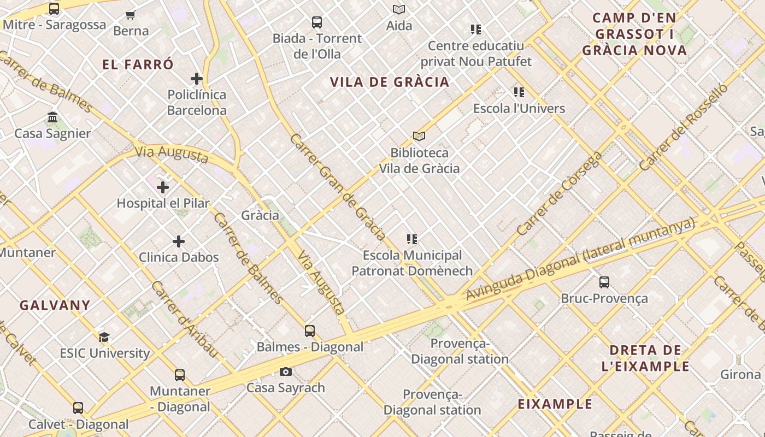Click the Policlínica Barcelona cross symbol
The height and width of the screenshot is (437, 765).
(197, 79)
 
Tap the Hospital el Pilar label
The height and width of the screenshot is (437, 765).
(163, 203)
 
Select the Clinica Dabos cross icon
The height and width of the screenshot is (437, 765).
(179, 241)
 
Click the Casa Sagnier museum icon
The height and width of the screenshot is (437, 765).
(52, 117)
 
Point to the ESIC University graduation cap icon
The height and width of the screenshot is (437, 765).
(104, 338)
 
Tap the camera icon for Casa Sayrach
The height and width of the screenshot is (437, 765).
(285, 372)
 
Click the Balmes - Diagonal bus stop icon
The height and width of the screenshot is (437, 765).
(310, 331)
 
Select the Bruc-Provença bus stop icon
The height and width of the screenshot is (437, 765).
(604, 282)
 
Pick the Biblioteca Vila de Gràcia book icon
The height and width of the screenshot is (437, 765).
(419, 136)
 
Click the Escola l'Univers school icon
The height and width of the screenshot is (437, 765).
(519, 92)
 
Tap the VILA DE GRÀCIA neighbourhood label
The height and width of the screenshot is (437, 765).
(390, 82)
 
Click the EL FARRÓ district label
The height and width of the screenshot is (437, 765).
(138, 64)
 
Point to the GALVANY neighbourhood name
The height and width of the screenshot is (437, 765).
(55, 305)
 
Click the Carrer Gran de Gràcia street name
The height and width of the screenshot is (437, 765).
(338, 186)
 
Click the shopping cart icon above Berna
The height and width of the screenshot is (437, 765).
(130, 15)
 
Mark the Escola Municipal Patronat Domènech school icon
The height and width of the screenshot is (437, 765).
(412, 239)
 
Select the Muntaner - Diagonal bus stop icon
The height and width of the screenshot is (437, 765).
(180, 375)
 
